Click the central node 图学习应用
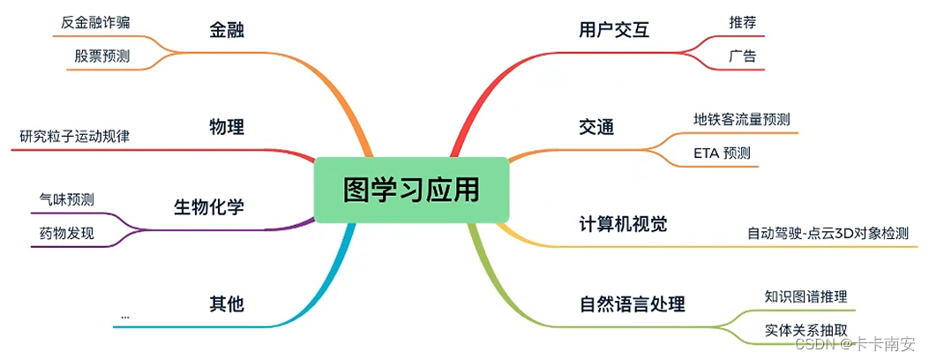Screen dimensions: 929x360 [x=411, y=190]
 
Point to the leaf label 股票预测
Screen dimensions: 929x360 [x=101, y=56]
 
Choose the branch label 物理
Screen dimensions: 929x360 [x=227, y=127]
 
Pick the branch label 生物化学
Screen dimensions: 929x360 [x=209, y=207]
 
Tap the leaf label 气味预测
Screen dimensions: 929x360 [x=67, y=199]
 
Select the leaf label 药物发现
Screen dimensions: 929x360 [x=67, y=233]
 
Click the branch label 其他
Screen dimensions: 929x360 [x=227, y=304]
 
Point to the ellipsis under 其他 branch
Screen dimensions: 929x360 [x=124, y=315]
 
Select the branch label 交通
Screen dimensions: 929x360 [x=596, y=127]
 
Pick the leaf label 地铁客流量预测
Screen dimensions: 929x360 [x=741, y=119]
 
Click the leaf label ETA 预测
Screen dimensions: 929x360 [x=722, y=153]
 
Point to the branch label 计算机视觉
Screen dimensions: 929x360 [x=623, y=224]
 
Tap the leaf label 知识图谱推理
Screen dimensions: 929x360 [x=805, y=296]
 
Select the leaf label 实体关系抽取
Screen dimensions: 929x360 [x=799, y=329]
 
